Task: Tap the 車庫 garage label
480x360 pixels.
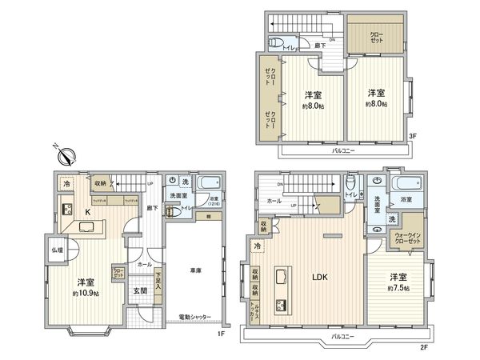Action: tap(194, 273)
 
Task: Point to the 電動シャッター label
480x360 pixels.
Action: tap(194, 317)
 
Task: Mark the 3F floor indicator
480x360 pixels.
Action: tap(414, 137)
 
